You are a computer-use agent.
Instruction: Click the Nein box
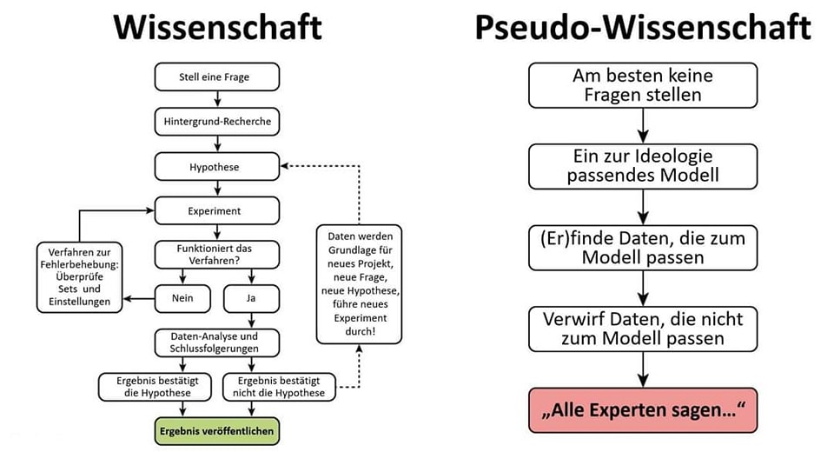pyautogui.click(x=183, y=299)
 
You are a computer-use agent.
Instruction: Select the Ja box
pyautogui.click(x=250, y=299)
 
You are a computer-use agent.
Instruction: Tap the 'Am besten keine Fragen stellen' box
pyautogui.click(x=643, y=85)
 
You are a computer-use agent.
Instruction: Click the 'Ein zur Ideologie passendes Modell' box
pyautogui.click(x=643, y=165)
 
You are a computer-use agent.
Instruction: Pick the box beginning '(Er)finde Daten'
pyautogui.click(x=643, y=246)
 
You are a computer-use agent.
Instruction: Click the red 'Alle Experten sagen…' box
pyautogui.click(x=643, y=409)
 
